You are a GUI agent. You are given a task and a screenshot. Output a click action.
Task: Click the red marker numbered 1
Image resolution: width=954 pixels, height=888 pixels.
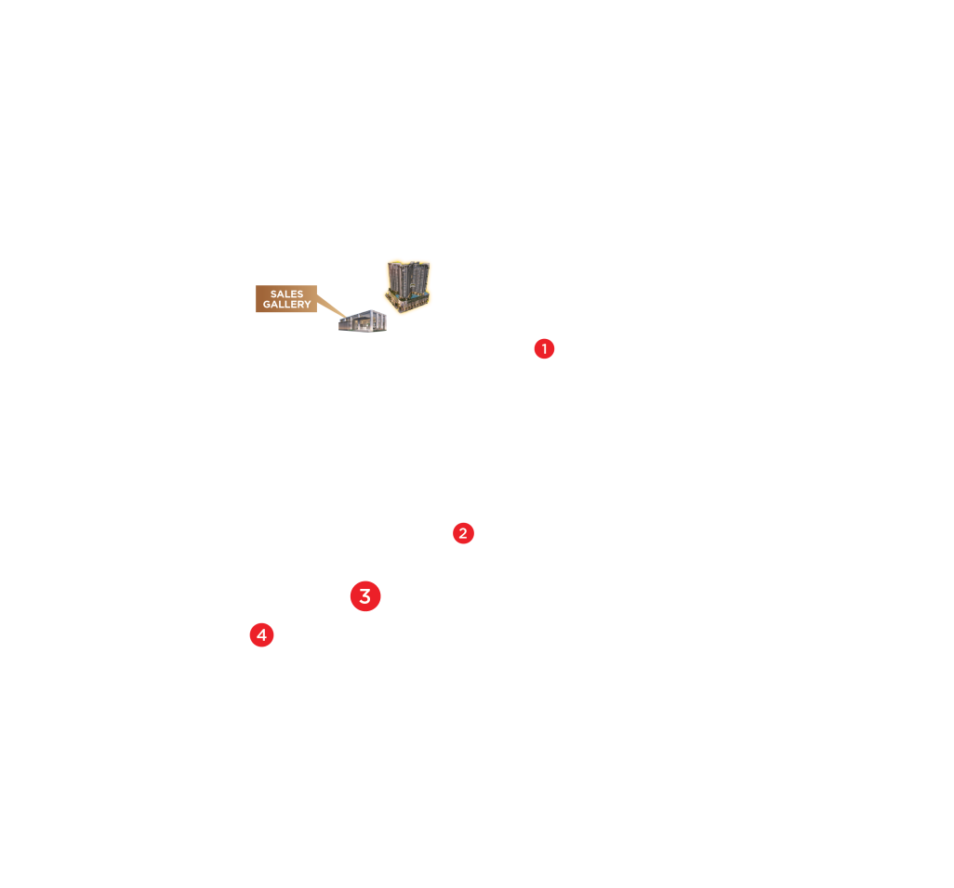[x=544, y=349]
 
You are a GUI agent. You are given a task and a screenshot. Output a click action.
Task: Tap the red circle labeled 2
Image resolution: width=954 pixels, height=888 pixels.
[x=463, y=533]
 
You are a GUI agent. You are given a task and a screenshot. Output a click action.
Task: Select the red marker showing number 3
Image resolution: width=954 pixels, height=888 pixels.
[x=365, y=596]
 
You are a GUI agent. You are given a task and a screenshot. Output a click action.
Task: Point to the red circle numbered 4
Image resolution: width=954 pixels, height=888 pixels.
[x=262, y=635]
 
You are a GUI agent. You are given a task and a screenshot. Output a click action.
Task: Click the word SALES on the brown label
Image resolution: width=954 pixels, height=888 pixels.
[x=286, y=294]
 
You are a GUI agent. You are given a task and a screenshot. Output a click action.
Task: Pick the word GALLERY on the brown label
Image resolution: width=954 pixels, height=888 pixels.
[x=286, y=305]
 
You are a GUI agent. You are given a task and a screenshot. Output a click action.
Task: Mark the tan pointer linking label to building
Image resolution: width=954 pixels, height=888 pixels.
[x=330, y=306]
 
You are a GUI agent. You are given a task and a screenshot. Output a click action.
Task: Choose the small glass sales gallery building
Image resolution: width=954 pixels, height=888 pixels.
[x=363, y=322]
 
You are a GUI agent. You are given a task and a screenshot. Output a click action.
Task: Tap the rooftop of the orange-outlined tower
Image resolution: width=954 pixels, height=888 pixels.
[x=407, y=263]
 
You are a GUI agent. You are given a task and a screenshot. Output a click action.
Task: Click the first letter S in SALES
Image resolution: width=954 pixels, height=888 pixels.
[x=273, y=294]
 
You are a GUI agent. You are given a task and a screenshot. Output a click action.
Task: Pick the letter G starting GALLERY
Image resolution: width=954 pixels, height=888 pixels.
[x=266, y=305]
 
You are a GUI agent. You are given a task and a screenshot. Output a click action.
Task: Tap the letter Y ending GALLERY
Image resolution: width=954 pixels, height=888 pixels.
[x=308, y=305]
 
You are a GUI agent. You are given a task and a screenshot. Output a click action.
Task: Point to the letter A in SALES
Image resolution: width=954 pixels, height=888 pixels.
[x=280, y=294]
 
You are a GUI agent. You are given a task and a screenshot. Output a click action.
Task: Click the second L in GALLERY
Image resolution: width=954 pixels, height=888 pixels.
[x=285, y=305]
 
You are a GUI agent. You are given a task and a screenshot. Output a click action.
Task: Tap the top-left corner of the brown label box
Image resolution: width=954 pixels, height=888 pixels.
[x=257, y=286]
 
